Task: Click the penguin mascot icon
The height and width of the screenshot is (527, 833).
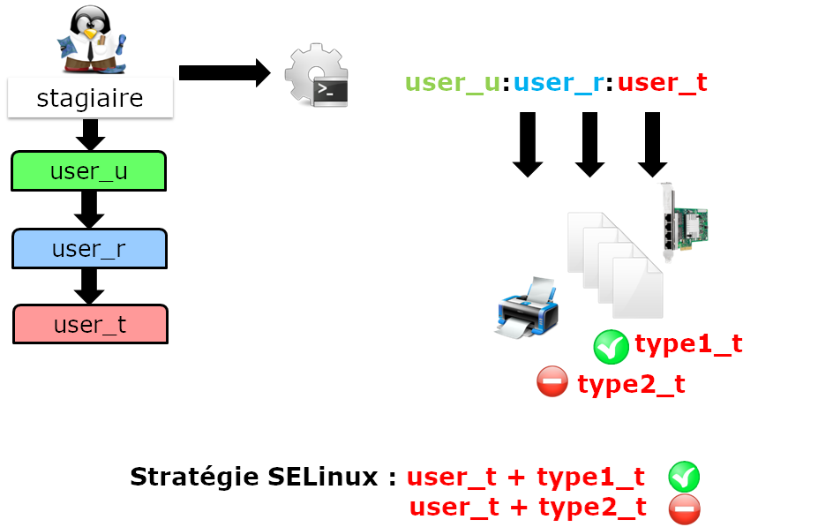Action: [90, 41]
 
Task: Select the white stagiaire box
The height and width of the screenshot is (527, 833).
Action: [90, 97]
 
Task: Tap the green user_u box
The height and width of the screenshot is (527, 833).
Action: [88, 171]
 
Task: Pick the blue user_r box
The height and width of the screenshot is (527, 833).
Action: [88, 248]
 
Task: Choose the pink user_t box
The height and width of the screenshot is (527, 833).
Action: [90, 324]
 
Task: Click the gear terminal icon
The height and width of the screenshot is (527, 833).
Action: [316, 76]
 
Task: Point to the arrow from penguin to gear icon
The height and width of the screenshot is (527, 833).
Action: [224, 72]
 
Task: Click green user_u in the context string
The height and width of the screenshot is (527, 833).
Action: [453, 83]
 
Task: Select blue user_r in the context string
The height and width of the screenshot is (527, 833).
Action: [558, 83]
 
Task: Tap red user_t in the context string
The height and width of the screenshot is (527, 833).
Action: [662, 83]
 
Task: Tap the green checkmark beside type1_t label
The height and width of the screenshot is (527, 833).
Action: [611, 347]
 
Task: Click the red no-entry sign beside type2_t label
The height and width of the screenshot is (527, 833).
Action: [552, 382]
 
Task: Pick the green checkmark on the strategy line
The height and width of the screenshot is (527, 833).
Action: [684, 477]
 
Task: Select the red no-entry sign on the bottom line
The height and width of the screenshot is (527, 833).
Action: [685, 508]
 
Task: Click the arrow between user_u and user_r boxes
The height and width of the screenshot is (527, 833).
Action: [88, 209]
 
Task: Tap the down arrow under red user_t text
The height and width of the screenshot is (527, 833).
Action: [652, 143]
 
